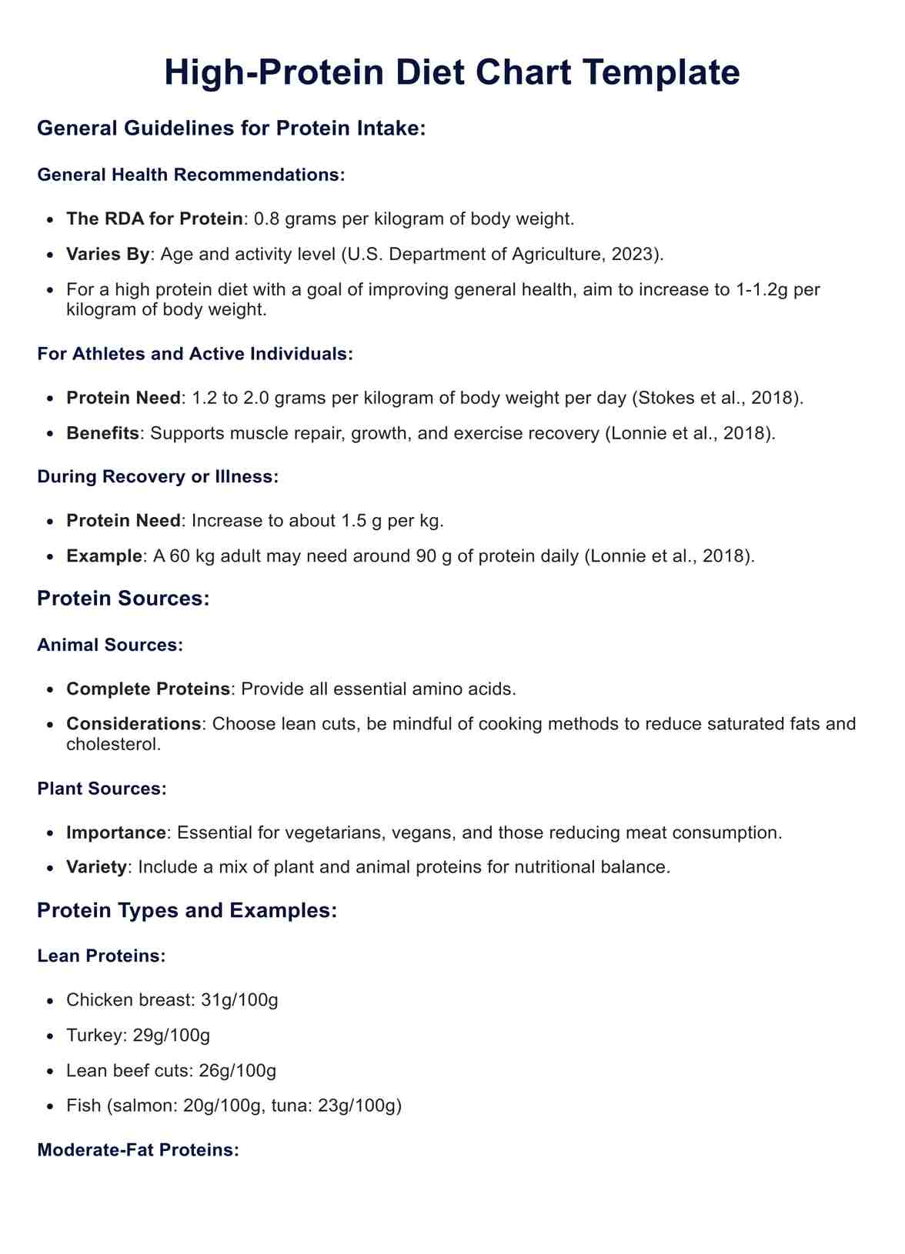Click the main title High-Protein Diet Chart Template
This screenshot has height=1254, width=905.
point(452,73)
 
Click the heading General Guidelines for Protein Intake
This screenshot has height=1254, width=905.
point(231,128)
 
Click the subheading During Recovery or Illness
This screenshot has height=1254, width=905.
point(157,476)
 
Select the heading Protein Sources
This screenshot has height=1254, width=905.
point(123,599)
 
